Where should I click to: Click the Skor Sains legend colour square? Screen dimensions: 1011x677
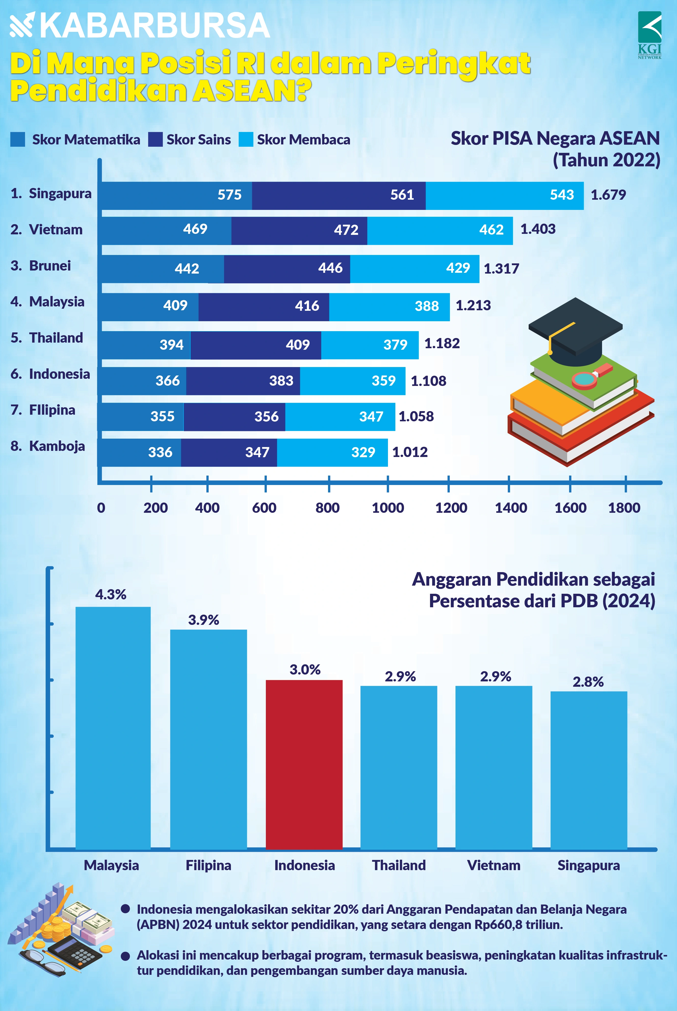point(155,139)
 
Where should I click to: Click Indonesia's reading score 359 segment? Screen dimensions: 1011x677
point(352,381)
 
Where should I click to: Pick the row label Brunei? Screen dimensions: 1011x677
point(50,265)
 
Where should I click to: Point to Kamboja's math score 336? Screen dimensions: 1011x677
point(160,452)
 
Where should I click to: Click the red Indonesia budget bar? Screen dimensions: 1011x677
point(304,764)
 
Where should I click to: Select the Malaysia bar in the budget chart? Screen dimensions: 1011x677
point(113,729)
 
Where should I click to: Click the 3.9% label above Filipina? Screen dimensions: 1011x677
point(203,620)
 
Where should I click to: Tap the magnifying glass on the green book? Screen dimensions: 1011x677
point(585,379)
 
